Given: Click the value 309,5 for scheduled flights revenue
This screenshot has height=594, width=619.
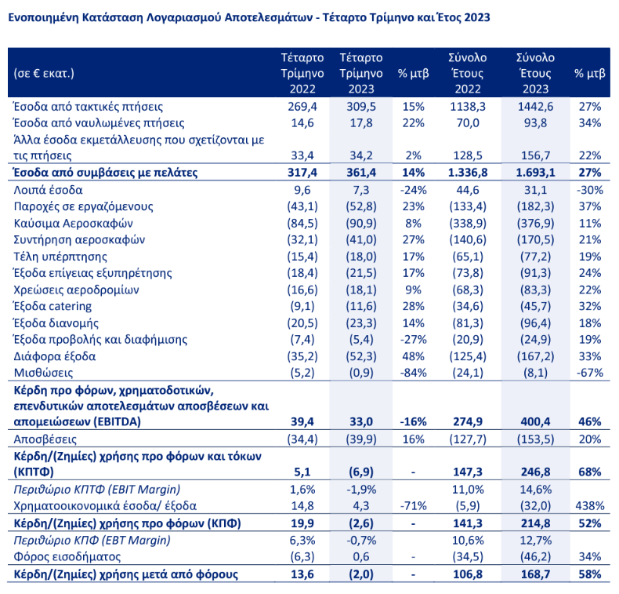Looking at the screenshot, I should pos(361,106).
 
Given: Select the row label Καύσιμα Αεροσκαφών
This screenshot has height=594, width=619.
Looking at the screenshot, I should pos(62,223).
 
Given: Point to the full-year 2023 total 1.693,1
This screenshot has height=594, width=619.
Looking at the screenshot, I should pos(536,173).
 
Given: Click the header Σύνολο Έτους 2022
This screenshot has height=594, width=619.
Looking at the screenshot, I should pos(468,74).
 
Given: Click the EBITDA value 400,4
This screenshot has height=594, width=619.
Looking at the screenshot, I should pos(537,421).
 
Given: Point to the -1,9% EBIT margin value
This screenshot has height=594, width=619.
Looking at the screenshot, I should pos(361,489).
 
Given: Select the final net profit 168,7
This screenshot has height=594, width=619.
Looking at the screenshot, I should pos(537,574).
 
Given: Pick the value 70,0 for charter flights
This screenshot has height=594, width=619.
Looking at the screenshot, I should pos(468,122).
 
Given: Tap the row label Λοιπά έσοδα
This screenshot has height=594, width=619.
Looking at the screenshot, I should pos(48,190).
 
